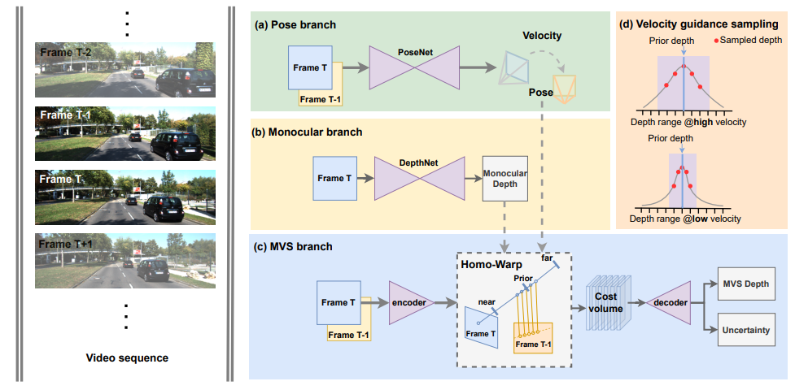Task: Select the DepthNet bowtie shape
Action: tap(419, 178)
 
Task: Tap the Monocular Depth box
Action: tap(505, 179)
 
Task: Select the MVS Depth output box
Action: tap(746, 284)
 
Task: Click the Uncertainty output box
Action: tap(746, 330)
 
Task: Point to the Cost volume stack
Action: tap(607, 305)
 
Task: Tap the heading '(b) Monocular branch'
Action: tap(311, 132)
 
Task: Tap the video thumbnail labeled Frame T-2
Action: tap(125, 71)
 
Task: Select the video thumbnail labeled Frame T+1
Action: tap(125, 261)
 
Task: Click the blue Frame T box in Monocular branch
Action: tap(330, 179)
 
